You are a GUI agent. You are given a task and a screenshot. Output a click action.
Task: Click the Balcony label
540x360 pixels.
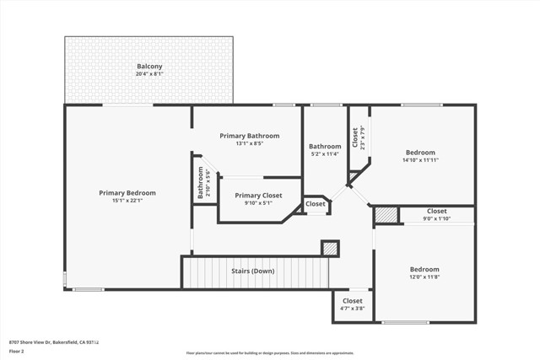click(x=149, y=66)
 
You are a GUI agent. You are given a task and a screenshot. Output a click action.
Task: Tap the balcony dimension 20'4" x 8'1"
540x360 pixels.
click(x=149, y=74)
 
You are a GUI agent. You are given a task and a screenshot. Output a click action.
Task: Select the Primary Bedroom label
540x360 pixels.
click(x=127, y=192)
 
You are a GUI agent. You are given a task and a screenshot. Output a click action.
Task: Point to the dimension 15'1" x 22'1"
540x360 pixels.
click(x=127, y=201)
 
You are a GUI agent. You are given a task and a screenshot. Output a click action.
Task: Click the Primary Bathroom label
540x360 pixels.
click(x=249, y=135)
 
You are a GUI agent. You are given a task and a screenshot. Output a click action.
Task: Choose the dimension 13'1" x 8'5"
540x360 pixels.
click(x=249, y=143)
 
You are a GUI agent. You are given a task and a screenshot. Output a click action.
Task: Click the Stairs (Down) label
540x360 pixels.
click(x=253, y=271)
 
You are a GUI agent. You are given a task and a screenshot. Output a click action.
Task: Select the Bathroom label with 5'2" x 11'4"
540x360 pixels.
click(x=324, y=146)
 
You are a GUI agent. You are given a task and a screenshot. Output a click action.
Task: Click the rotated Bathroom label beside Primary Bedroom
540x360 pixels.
click(x=201, y=181)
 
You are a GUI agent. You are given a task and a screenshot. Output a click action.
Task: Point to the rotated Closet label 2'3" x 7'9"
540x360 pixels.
click(x=355, y=137)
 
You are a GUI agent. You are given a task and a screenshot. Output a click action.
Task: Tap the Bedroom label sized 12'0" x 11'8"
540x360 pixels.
click(x=424, y=270)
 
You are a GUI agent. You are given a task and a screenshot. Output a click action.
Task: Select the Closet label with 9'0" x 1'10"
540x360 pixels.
click(x=436, y=212)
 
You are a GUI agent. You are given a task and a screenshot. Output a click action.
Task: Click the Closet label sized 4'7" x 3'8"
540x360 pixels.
click(x=352, y=301)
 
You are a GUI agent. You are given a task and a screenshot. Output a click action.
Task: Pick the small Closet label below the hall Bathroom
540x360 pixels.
click(x=315, y=204)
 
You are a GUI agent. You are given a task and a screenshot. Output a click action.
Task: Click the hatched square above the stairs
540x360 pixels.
click(x=330, y=248)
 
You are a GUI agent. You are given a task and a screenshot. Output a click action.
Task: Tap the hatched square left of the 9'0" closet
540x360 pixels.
click(x=386, y=215)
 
